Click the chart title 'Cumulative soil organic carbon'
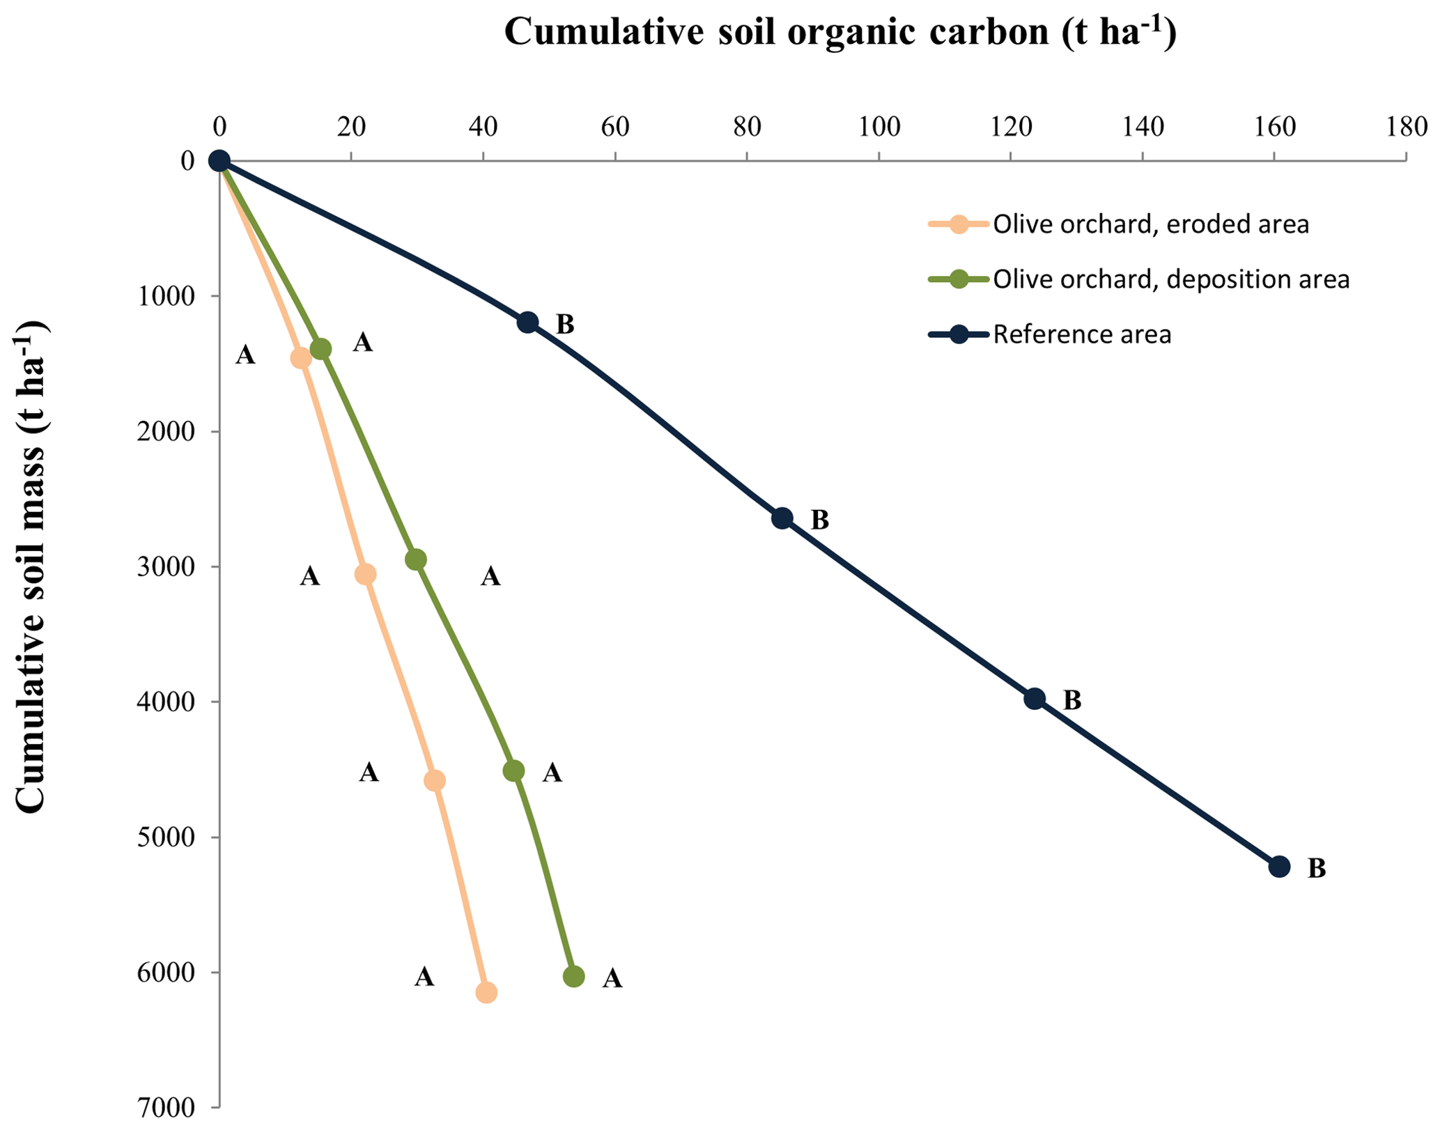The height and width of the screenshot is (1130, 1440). click(840, 32)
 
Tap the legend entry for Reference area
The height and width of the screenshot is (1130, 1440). click(1081, 334)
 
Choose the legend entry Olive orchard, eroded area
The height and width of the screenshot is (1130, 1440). click(1150, 224)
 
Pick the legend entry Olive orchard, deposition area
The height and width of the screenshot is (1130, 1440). click(1170, 279)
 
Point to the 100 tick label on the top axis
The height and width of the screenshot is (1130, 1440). click(878, 127)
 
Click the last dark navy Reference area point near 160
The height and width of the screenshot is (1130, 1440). click(1279, 867)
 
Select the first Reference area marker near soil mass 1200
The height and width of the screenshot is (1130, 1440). click(527, 322)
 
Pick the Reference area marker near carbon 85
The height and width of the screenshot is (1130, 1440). click(782, 518)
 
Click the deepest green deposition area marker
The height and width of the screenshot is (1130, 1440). click(573, 977)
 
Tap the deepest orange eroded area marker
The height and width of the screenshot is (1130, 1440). click(486, 993)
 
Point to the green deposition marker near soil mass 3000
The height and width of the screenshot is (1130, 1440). click(415, 559)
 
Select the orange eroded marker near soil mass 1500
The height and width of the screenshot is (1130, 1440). click(301, 358)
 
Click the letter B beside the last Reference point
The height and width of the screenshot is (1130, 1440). click(1316, 869)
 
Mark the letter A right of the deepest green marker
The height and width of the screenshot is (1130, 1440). click(612, 979)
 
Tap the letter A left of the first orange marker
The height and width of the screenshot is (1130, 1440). click(245, 355)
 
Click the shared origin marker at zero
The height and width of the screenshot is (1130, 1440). click(219, 161)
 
